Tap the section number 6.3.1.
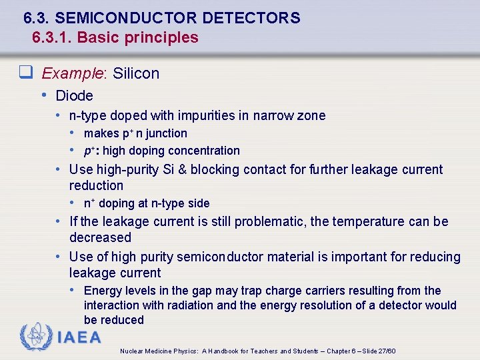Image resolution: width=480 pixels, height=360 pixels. [x=52, y=37]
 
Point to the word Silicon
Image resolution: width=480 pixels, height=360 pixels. [x=136, y=73]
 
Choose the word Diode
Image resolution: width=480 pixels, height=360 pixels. [x=75, y=95]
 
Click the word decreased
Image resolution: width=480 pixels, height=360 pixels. [x=100, y=237]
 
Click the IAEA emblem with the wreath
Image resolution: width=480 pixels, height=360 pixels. [x=36, y=337]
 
